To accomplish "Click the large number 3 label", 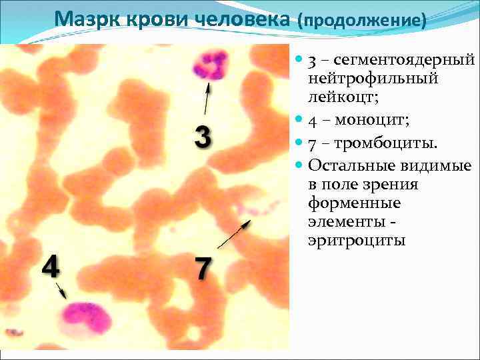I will tap(203, 137).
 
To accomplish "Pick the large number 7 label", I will tap(203, 269).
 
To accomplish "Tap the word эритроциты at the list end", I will tap(357, 240).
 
